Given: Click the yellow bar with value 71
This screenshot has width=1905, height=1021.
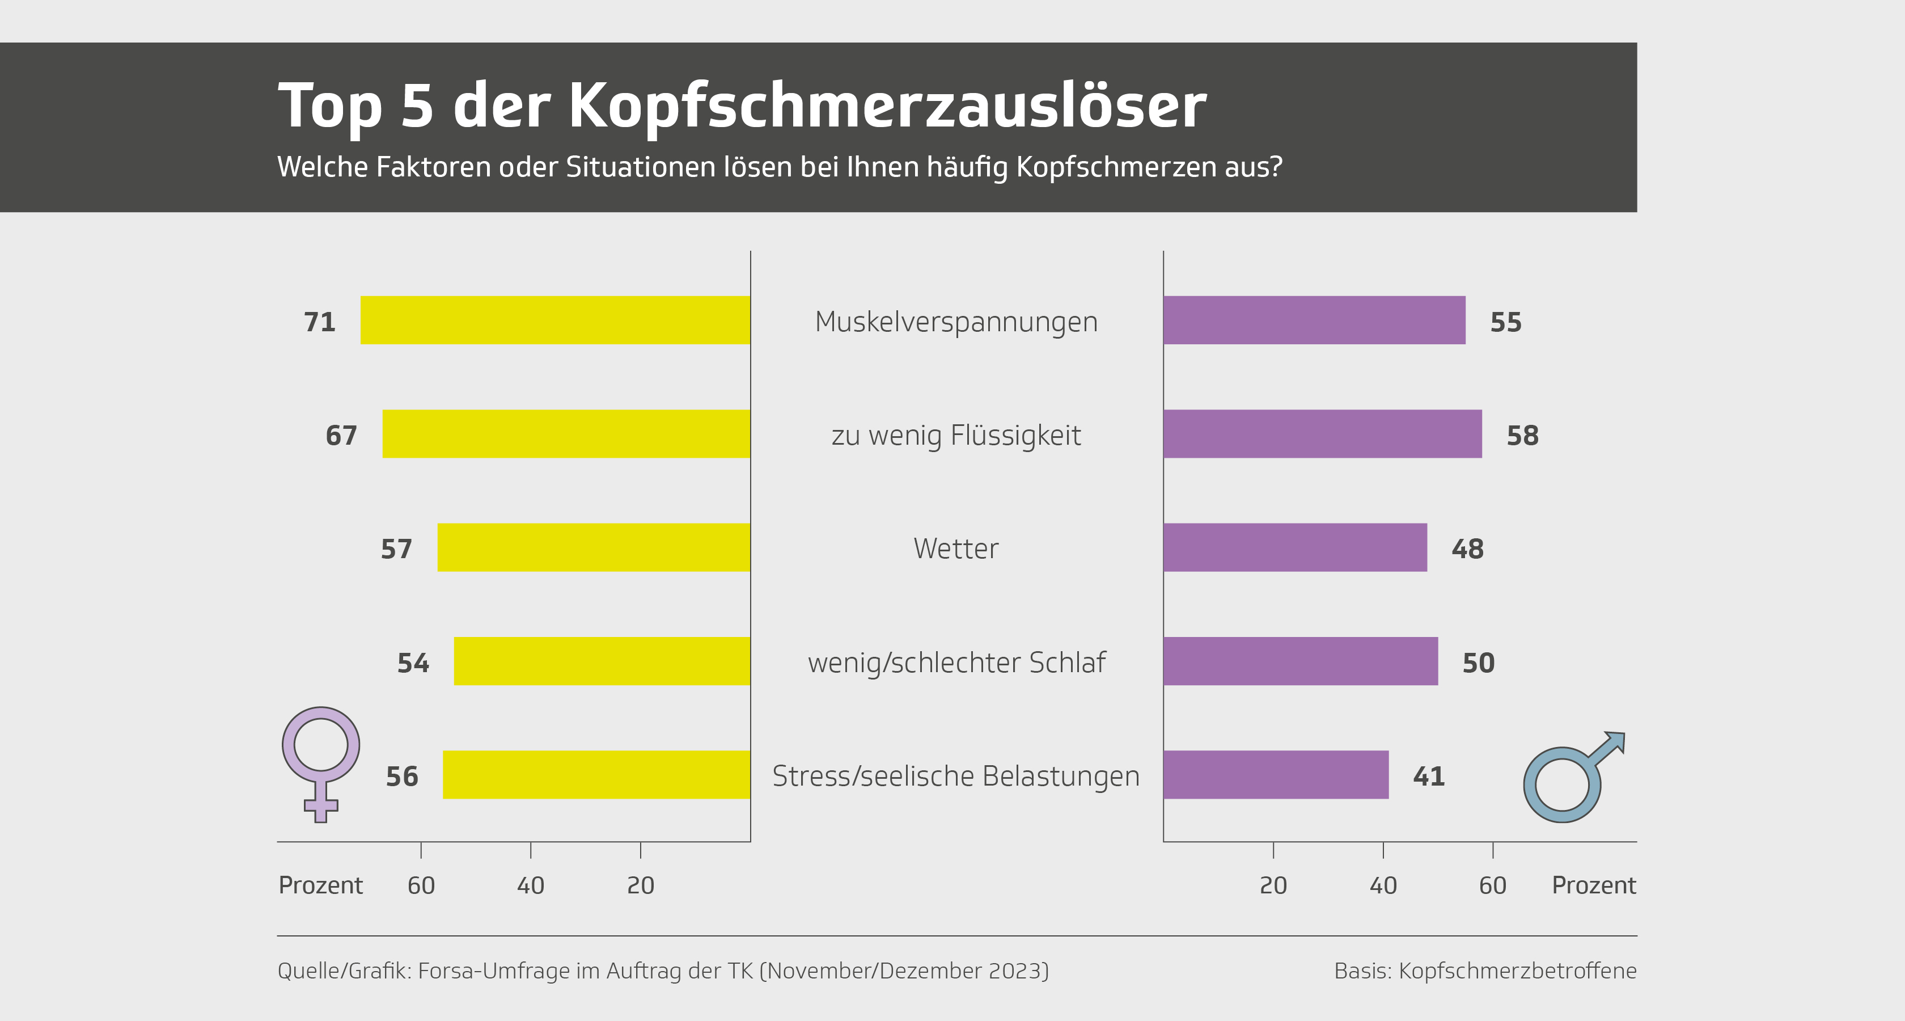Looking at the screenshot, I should coord(554,320).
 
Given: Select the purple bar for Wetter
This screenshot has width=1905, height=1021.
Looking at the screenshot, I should coord(1294,547).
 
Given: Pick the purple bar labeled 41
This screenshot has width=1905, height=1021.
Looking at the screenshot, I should coord(1276,775).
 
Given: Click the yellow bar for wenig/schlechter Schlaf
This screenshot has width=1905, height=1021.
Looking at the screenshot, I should coord(601,661).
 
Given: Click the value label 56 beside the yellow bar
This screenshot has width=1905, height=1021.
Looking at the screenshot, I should coord(401,776).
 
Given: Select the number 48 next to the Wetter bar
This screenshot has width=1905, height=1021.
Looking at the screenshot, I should coord(1467,549).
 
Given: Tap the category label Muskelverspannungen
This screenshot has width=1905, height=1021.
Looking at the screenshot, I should coord(955,322).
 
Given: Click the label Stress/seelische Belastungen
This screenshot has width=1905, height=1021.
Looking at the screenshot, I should coord(955,776).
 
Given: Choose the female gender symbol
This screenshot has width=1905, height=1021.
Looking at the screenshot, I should coord(321,762).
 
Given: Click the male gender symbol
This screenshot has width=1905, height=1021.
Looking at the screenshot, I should coord(1572,778).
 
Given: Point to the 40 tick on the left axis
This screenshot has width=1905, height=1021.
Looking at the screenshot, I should coord(530,885).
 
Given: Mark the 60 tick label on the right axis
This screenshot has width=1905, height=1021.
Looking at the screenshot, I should coord(1492,885).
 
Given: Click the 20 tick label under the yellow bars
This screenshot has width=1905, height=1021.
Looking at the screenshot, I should coord(641,885).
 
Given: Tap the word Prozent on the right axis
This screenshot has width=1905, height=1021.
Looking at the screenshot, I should coord(1594,885).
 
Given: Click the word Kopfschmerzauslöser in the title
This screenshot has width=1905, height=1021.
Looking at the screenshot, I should coord(887,106).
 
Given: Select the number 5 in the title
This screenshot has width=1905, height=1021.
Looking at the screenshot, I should coord(417,106).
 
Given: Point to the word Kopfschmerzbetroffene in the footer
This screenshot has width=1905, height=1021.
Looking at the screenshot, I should coord(1518,971).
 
